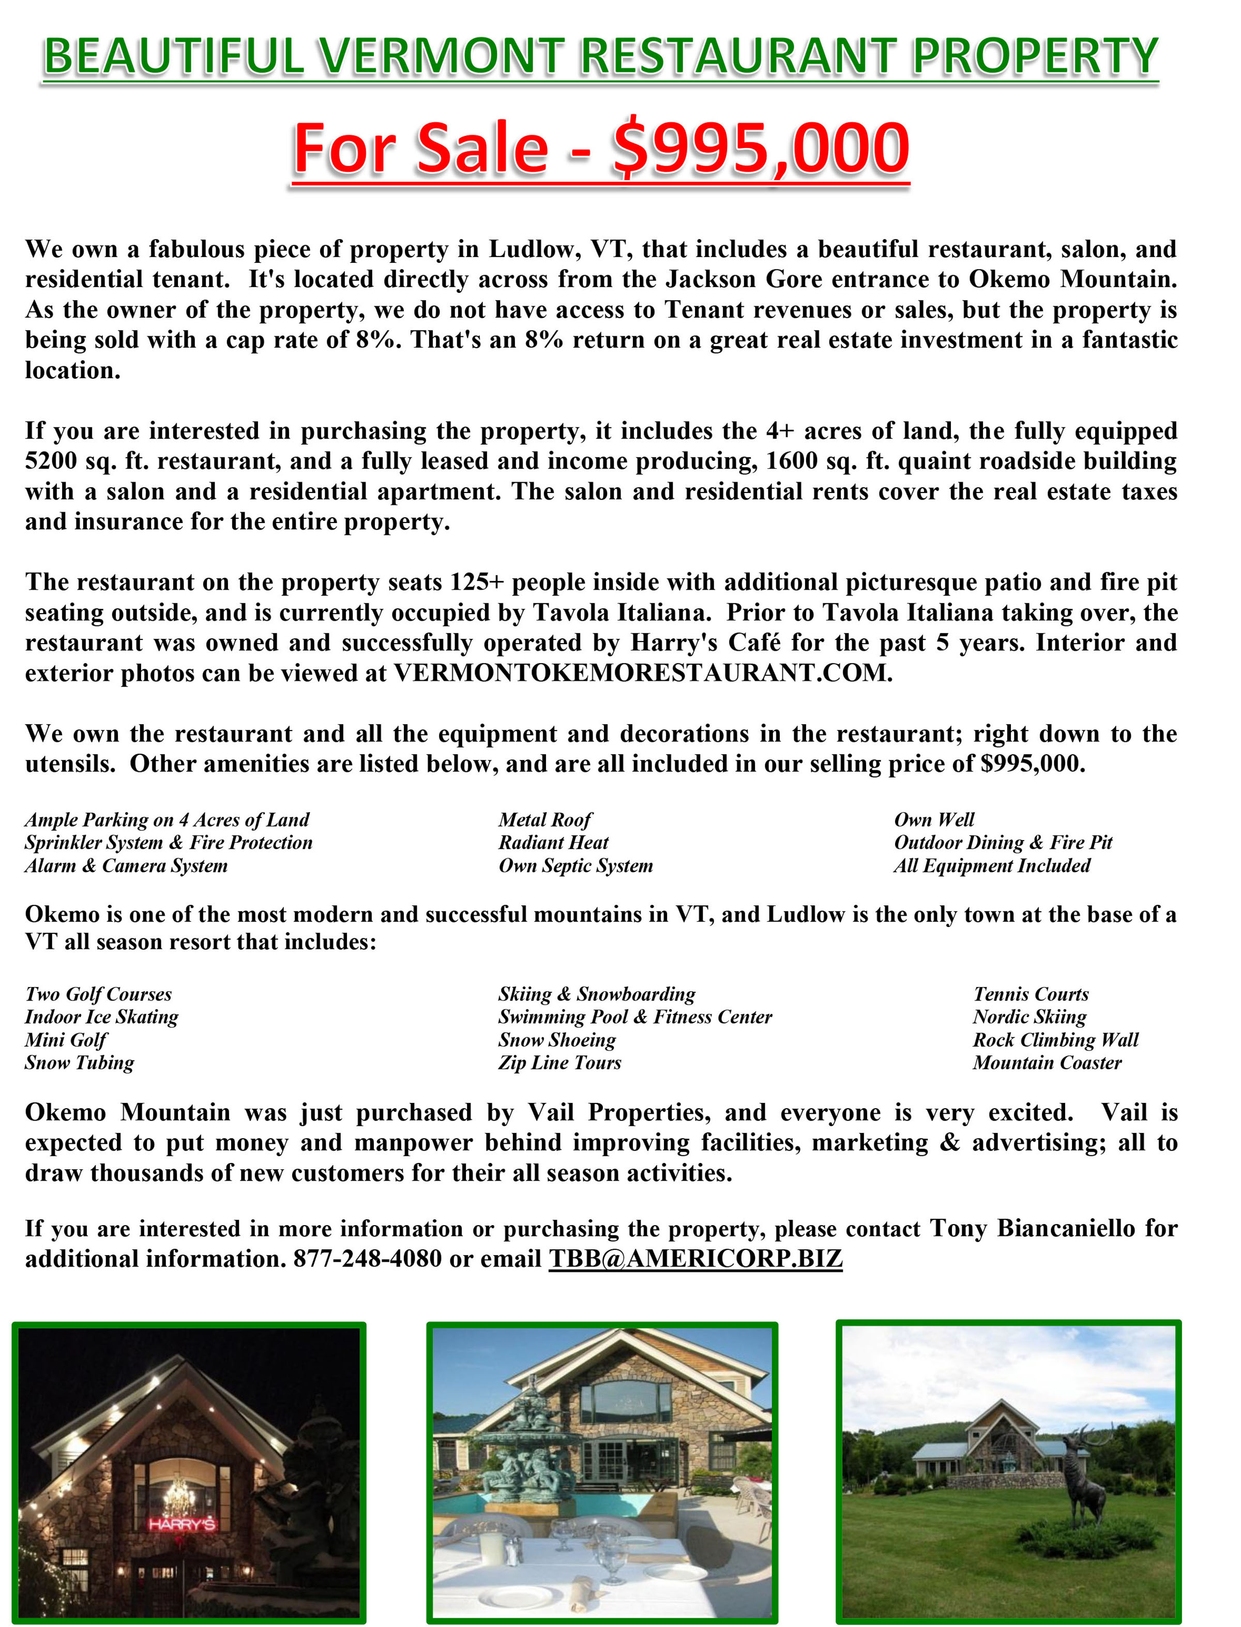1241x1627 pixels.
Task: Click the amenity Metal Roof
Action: pyautogui.click(x=544, y=819)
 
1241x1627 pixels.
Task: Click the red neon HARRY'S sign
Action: pyautogui.click(x=181, y=1524)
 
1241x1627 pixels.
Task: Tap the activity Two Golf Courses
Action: pyautogui.click(x=98, y=994)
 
